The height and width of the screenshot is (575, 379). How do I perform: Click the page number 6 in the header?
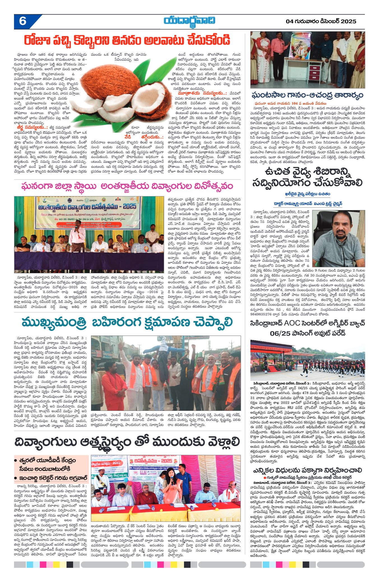tap(23, 21)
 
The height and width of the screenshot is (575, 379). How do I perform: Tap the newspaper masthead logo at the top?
tap(190, 21)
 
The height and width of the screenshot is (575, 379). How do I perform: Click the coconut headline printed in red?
tap(127, 40)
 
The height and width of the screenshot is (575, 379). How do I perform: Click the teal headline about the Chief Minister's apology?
tap(127, 322)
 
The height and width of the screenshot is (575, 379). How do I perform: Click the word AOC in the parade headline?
tap(293, 323)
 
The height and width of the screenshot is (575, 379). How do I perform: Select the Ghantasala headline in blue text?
tap(307, 95)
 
